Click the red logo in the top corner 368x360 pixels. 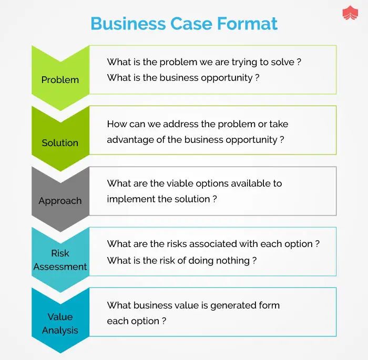tap(350, 13)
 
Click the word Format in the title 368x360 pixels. tap(247, 24)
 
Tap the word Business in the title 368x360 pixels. tap(128, 24)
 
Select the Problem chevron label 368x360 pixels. tap(60, 80)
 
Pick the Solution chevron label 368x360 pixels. tap(60, 142)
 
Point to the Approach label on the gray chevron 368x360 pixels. tap(60, 201)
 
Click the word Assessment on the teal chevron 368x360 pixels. tap(60, 266)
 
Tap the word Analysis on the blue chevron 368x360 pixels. tap(60, 331)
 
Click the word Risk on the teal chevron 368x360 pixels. tap(60, 253)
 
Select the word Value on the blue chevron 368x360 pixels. tap(60, 317)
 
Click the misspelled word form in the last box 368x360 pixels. tap(269, 305)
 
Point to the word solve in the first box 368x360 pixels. tap(283, 62)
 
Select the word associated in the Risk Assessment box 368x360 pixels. tap(212, 244)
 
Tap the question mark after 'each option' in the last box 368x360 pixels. tap(164, 321)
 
